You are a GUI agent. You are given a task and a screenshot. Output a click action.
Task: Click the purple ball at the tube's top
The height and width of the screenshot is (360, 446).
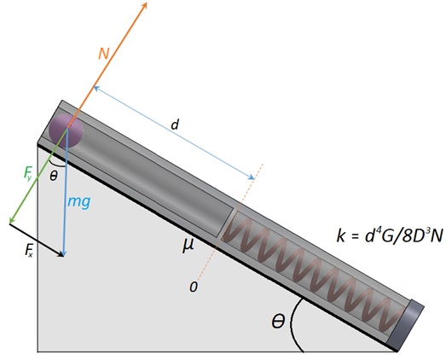(66, 131)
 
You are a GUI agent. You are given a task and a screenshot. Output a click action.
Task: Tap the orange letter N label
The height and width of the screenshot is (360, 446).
(104, 54)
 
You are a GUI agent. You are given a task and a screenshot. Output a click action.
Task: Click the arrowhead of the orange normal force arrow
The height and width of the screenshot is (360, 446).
(144, 5)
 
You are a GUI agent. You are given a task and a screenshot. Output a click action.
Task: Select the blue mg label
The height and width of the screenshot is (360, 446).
(79, 202)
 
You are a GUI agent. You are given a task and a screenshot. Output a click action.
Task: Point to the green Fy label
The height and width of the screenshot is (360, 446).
(29, 173)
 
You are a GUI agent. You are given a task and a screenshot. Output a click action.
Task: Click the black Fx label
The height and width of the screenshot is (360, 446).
(28, 251)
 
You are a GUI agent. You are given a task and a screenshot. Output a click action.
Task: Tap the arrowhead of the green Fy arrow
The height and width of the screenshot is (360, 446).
(12, 220)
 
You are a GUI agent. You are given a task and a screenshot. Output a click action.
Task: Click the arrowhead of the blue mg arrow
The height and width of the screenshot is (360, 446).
(64, 253)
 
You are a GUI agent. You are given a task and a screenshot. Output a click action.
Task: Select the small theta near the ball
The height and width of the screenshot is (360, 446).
(53, 177)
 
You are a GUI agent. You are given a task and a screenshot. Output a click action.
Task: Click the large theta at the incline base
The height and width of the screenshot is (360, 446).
(278, 321)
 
